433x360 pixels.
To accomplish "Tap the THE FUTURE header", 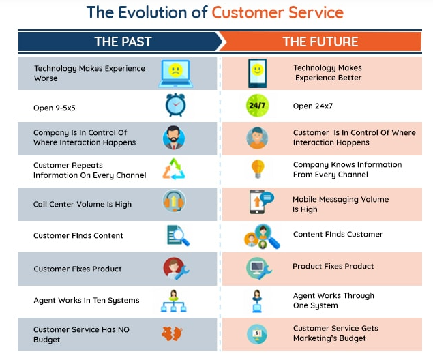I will point(320,42).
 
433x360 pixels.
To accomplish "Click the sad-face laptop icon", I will point(175,73).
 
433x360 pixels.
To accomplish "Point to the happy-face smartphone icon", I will point(257,72).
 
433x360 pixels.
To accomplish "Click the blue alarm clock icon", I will point(175,106).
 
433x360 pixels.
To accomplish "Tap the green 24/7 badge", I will point(257,106).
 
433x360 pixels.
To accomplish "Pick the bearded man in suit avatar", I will point(174,138).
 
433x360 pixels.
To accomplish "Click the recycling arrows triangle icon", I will point(174,169).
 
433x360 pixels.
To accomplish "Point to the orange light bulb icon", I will point(258,169).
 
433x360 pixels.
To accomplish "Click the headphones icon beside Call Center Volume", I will point(175,203).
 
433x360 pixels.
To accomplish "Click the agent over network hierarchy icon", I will point(174,301).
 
